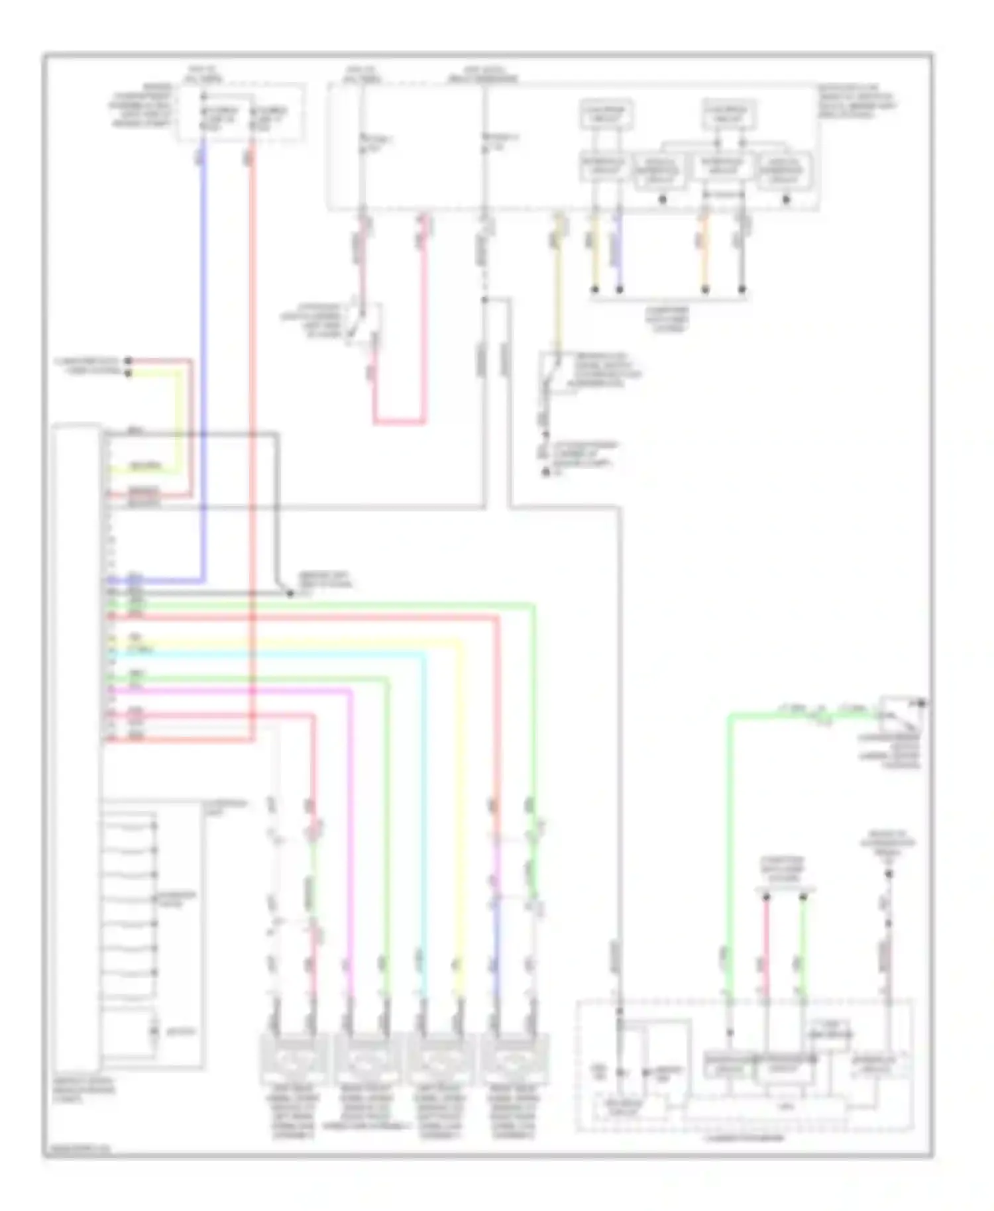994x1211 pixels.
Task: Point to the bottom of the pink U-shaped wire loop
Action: click(x=398, y=422)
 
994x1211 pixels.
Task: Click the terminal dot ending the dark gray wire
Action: click(x=290, y=594)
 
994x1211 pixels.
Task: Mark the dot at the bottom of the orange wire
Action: click(x=705, y=290)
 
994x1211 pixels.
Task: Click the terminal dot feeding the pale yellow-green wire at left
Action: click(x=129, y=372)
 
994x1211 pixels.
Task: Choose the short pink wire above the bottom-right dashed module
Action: click(x=766, y=947)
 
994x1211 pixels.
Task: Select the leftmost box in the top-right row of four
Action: click(x=606, y=168)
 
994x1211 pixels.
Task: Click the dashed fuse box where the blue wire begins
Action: click(x=241, y=113)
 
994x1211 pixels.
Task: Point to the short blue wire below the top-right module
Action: click(x=620, y=252)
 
